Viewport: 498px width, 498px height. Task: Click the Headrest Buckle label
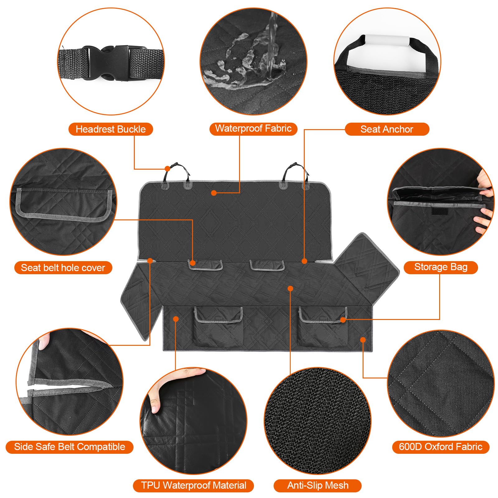click(x=110, y=129)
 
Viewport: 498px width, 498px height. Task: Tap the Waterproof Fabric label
click(x=253, y=129)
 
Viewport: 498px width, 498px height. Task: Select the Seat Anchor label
click(x=387, y=129)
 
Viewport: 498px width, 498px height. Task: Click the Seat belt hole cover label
click(x=63, y=268)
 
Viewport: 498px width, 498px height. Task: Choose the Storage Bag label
click(x=441, y=267)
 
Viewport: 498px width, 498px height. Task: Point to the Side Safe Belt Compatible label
click(x=69, y=447)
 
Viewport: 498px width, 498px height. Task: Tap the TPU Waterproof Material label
click(x=193, y=486)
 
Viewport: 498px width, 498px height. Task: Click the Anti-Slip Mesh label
click(x=317, y=486)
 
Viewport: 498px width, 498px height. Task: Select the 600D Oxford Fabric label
click(x=440, y=447)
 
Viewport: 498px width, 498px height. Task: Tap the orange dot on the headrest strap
click(x=167, y=169)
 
